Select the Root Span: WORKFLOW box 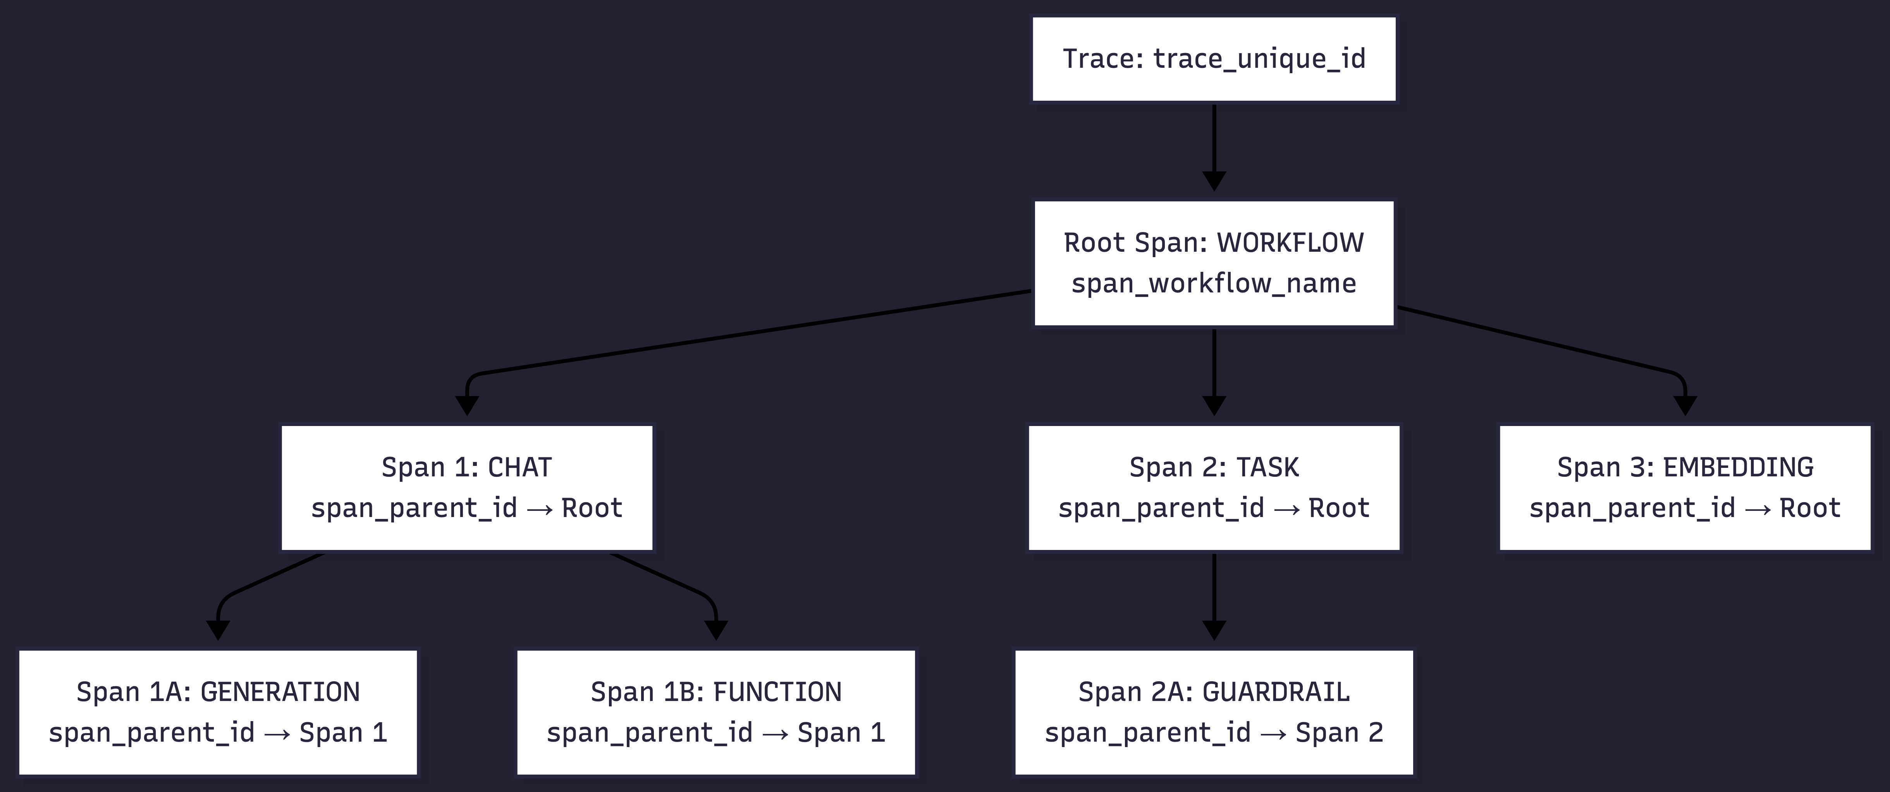click(1214, 263)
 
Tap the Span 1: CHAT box click(467, 487)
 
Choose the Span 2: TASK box click(1214, 487)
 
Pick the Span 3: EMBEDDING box click(1685, 487)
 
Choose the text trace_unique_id click(1259, 58)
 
